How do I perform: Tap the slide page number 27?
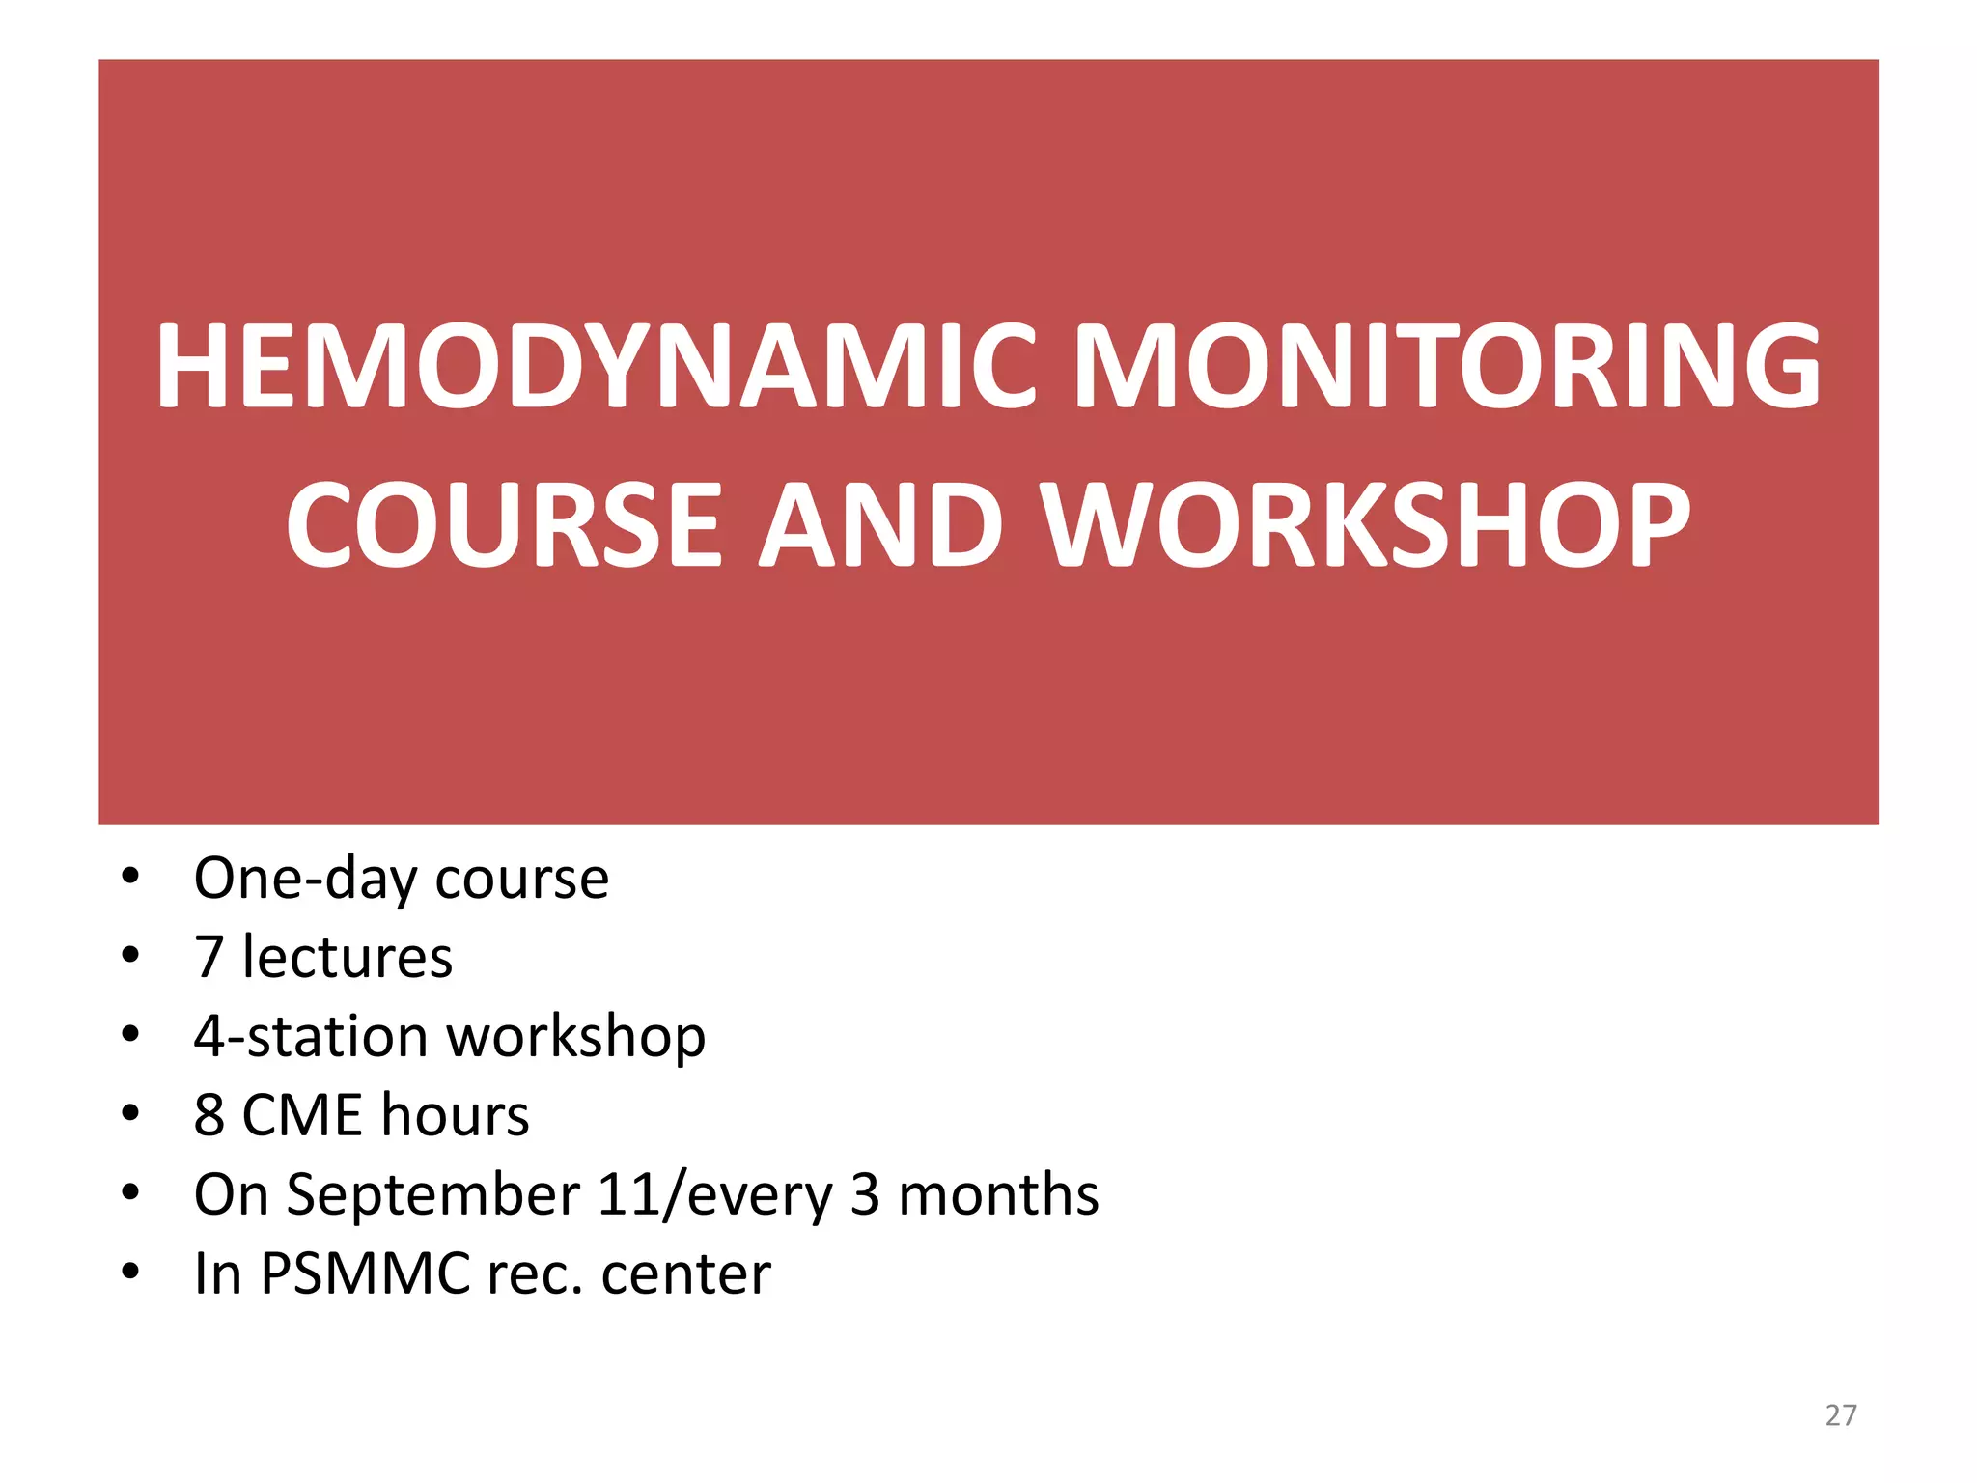pyautogui.click(x=1841, y=1415)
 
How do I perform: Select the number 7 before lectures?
pyautogui.click(x=209, y=957)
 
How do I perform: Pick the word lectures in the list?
pyautogui.click(x=348, y=957)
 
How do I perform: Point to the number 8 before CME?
pyautogui.click(x=209, y=1115)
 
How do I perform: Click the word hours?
pyautogui.click(x=456, y=1115)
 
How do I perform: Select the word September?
pyautogui.click(x=432, y=1195)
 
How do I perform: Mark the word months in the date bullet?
pyautogui.click(x=998, y=1194)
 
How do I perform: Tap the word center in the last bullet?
pyautogui.click(x=685, y=1274)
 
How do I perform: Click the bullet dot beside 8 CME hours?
pyautogui.click(x=130, y=1113)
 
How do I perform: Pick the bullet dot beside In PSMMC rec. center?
pyautogui.click(x=130, y=1272)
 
